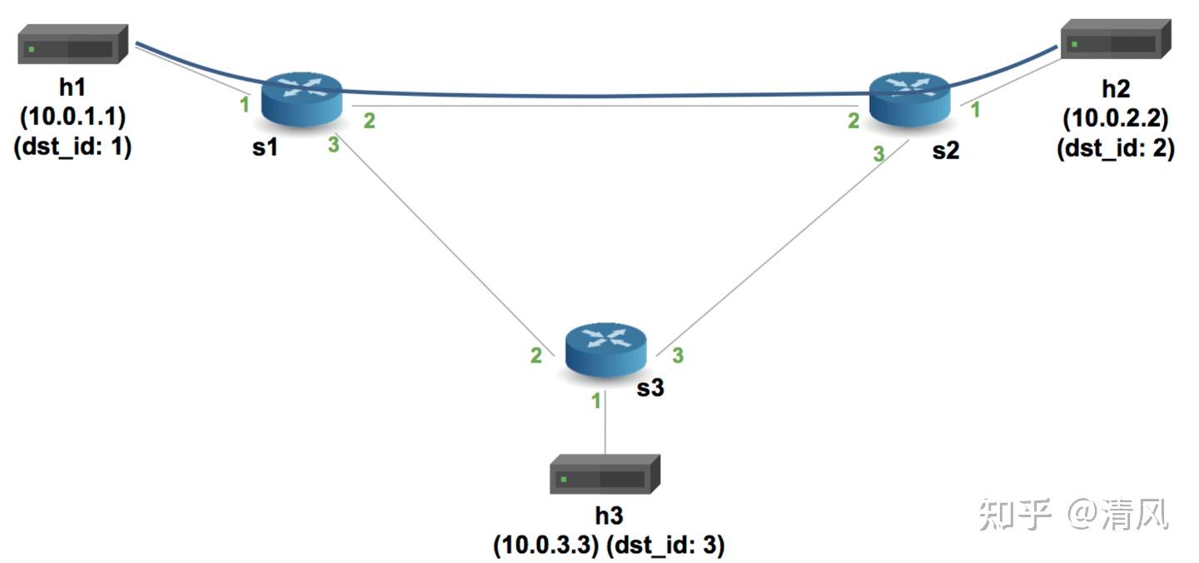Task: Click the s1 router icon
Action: tap(302, 100)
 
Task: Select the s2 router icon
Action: tap(909, 99)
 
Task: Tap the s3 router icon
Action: tap(606, 350)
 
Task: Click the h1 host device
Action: tap(72, 44)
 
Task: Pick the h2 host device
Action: tap(1116, 39)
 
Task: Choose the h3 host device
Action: tap(604, 474)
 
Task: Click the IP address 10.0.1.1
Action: tap(72, 117)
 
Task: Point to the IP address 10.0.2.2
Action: tap(1116, 118)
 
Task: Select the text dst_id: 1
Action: tap(72, 147)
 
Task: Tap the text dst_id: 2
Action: tap(1116, 148)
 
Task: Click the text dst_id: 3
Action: tap(665, 545)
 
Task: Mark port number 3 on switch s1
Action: tap(333, 144)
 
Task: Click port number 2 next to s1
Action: tap(370, 121)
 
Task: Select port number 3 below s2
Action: tap(879, 154)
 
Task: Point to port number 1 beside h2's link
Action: tap(975, 110)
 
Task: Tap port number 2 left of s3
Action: tap(536, 356)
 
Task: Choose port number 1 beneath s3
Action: tap(596, 401)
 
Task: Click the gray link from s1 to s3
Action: tap(445, 244)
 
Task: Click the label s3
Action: tap(650, 388)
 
